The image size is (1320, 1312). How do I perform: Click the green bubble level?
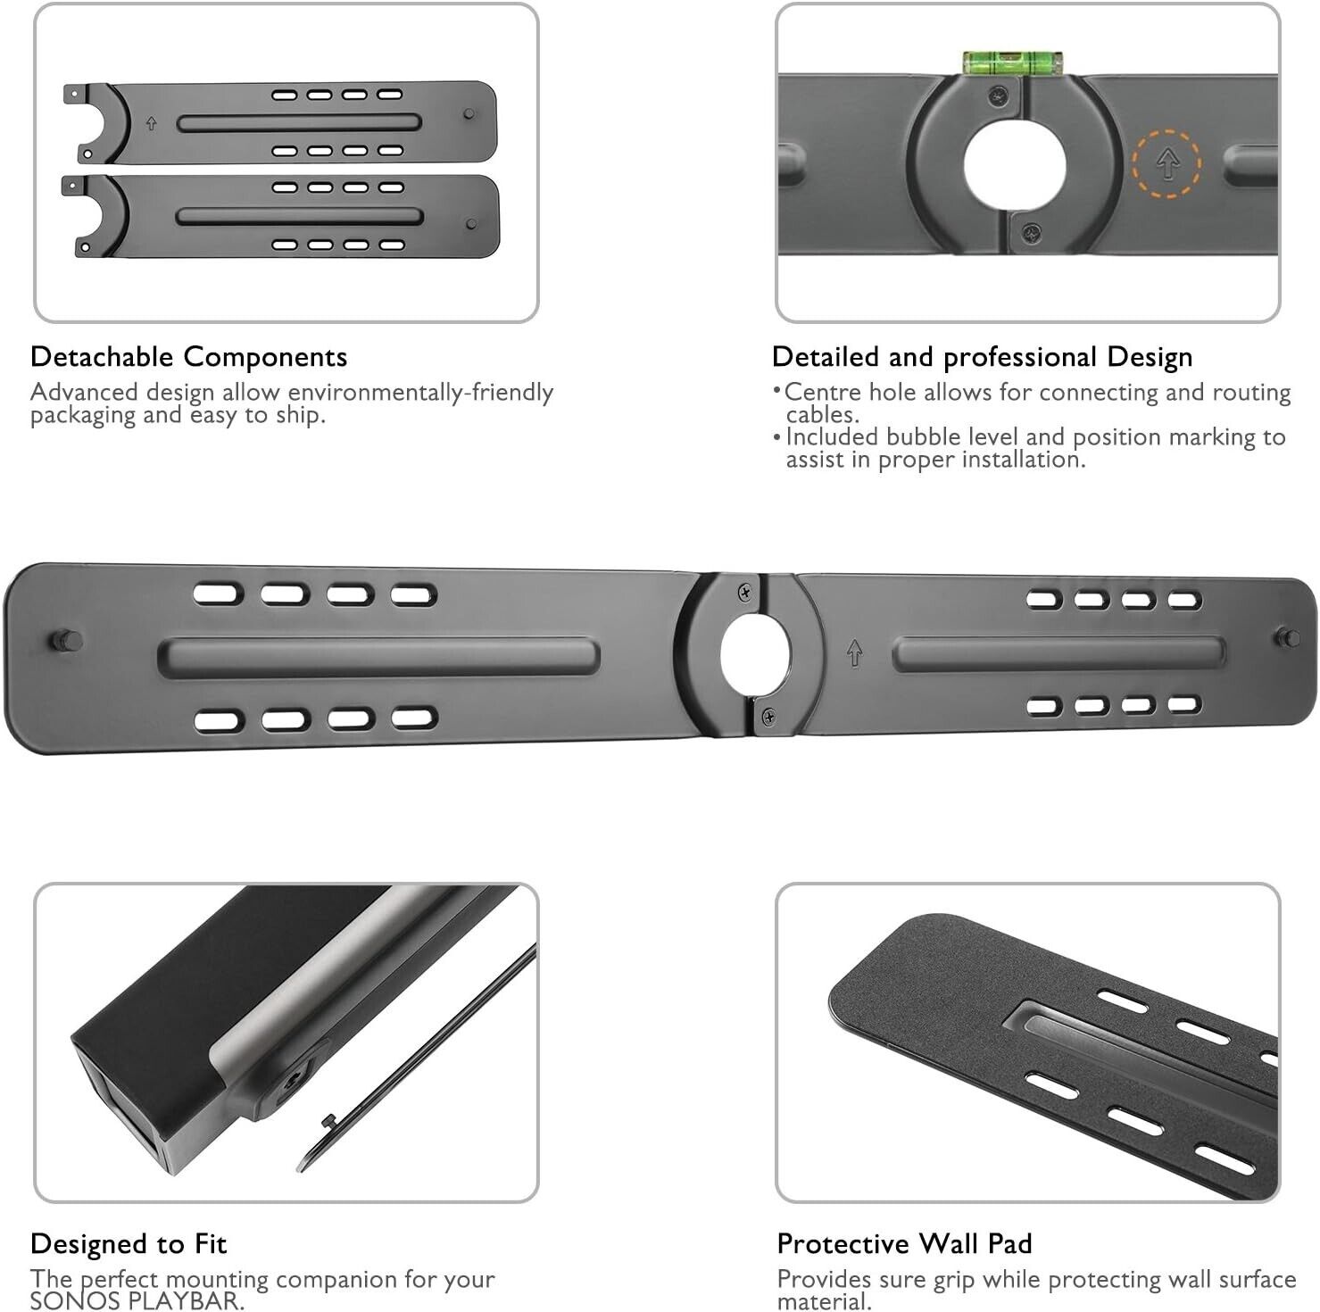[1014, 62]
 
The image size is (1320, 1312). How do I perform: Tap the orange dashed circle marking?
[1166, 163]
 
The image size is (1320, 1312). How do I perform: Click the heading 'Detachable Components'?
[188, 357]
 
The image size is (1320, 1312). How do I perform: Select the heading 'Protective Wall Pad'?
[904, 1243]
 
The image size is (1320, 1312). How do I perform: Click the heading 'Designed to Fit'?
[129, 1243]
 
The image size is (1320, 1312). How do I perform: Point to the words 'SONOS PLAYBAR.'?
[137, 1301]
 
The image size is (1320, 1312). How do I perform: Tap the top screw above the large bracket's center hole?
[745, 593]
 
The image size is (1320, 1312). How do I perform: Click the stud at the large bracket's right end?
[1287, 636]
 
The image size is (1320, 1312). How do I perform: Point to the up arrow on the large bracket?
[854, 653]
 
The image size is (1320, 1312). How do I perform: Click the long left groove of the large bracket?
[378, 658]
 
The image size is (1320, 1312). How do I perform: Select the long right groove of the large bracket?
[1058, 654]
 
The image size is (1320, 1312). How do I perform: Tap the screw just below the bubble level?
[1000, 92]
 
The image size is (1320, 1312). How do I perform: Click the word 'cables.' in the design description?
[822, 415]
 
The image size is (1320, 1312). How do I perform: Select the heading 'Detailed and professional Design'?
[982, 357]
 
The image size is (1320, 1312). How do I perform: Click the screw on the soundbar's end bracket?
[292, 1082]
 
